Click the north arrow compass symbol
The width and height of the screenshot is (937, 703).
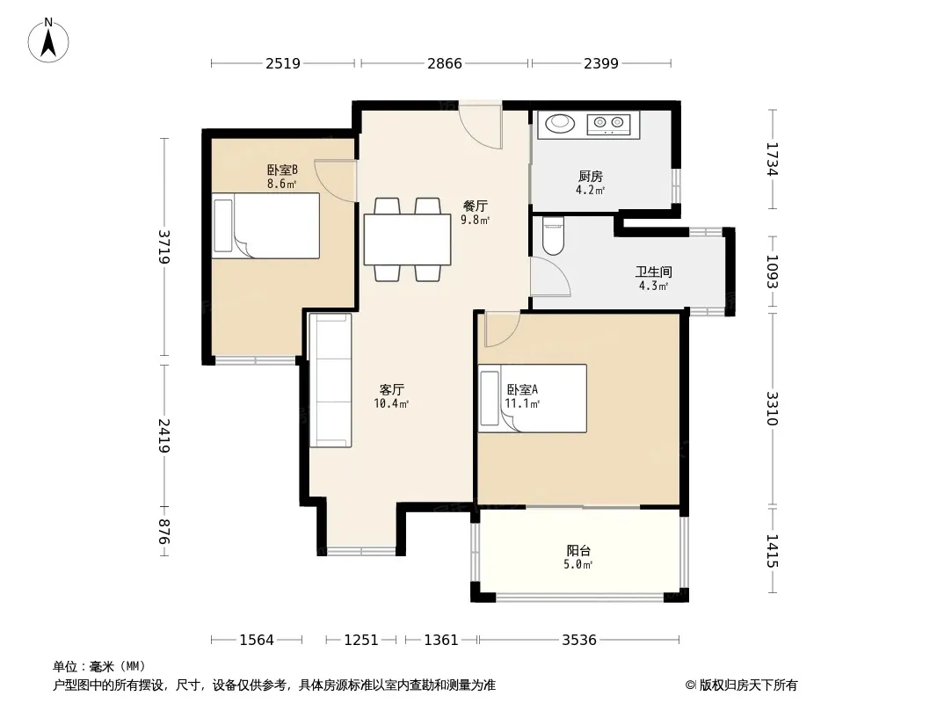48,40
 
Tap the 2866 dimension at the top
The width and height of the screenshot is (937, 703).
445,63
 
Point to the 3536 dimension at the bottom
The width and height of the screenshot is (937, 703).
579,641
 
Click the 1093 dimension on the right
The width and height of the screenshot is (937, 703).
773,272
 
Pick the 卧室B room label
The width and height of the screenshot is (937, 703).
282,170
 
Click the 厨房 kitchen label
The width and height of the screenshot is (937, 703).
591,177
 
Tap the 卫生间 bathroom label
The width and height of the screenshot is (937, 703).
654,272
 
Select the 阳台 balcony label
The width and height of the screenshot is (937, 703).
578,551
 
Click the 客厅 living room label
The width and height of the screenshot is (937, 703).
392,390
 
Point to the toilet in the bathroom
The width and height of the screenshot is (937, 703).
554,236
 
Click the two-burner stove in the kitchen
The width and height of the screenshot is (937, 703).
609,124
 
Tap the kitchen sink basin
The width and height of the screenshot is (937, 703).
560,123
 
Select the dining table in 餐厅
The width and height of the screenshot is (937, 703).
408,240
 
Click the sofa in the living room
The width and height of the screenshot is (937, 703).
330,380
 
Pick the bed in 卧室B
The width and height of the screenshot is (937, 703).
266,225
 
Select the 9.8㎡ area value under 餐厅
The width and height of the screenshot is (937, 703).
475,220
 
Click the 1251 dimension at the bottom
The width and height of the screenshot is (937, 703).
361,641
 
